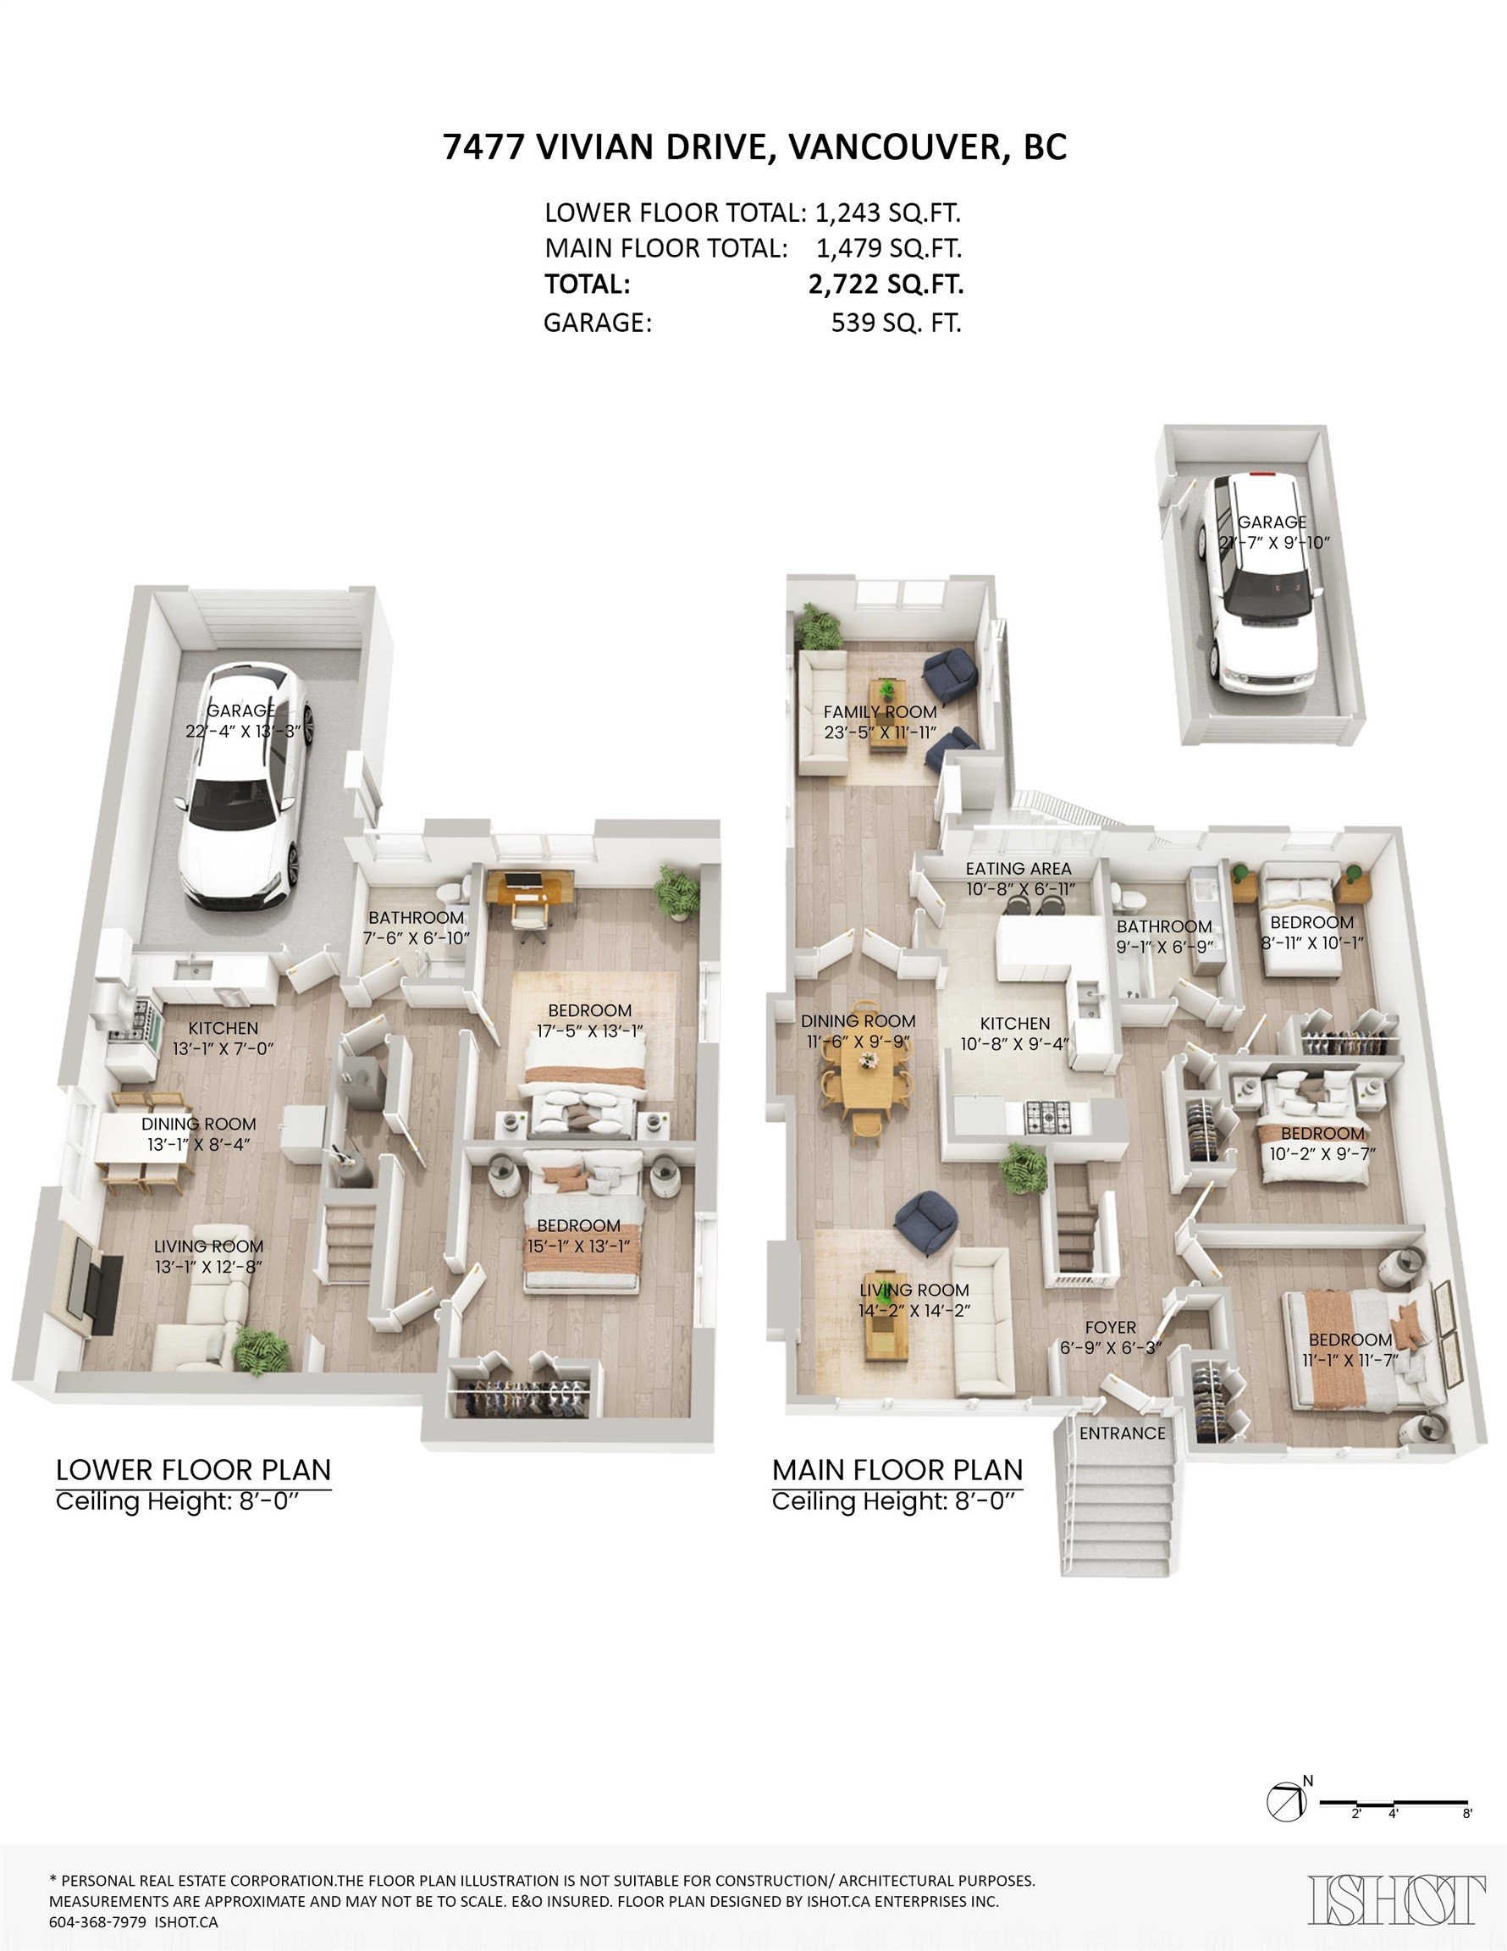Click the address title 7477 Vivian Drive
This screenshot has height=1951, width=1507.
click(755, 146)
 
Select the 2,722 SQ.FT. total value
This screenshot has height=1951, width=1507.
click(886, 285)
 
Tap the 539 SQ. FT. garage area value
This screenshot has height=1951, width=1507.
click(896, 323)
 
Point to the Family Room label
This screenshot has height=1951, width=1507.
click(880, 712)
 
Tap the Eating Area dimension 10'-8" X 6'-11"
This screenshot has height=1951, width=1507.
click(1019, 889)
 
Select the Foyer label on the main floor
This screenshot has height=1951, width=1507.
click(1111, 1328)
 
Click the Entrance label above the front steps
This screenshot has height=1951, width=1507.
click(1122, 1433)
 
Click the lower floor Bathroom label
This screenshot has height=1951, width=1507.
click(417, 917)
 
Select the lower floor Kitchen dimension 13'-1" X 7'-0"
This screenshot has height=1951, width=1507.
click(224, 1049)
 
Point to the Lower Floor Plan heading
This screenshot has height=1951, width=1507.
click(193, 1469)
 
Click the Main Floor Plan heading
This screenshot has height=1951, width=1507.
click(897, 1469)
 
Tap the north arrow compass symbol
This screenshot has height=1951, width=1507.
click(1286, 1802)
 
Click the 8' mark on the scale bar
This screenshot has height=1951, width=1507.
click(1466, 1812)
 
